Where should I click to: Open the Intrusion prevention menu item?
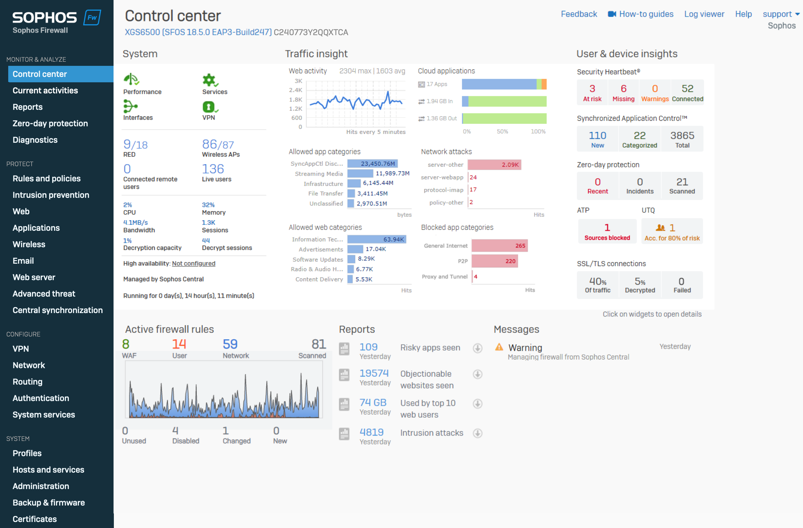pos(51,195)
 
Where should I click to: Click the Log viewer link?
pos(704,14)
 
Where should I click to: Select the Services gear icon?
pos(209,80)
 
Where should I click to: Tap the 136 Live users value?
pos(213,169)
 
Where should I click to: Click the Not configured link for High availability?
pos(193,263)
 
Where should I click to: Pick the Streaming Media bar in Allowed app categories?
pos(360,173)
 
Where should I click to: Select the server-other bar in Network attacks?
pos(494,165)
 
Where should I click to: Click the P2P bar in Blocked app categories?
pos(494,261)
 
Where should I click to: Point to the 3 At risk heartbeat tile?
pos(592,92)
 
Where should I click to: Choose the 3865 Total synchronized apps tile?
pos(682,139)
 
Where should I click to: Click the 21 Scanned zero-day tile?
pos(682,186)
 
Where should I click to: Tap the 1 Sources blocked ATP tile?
pos(607,232)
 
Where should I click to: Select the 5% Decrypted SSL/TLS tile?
pos(640,285)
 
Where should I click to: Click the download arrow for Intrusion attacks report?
pos(478,433)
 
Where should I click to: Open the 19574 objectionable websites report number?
pos(374,373)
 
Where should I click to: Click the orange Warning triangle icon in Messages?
pos(499,347)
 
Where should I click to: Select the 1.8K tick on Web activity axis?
pos(296,100)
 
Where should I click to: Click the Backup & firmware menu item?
pos(49,502)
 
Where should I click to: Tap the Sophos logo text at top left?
pos(45,17)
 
